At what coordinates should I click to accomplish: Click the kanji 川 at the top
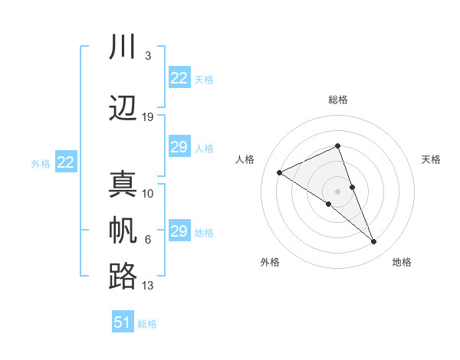(x=123, y=47)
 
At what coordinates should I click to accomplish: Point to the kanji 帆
(x=123, y=231)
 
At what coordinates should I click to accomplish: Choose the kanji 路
(x=123, y=277)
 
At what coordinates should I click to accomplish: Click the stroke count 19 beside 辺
(x=148, y=117)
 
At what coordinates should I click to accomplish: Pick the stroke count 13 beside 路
(x=148, y=286)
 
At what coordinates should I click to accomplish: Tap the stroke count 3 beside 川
(x=148, y=56)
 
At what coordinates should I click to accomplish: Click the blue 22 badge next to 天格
(x=179, y=78)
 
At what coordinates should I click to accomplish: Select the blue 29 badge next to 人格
(x=179, y=147)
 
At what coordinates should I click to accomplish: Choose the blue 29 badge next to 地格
(x=179, y=231)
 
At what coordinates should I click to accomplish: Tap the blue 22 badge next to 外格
(x=66, y=162)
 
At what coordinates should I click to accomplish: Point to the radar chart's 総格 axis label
(x=337, y=100)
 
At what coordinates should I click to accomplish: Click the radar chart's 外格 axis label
(x=270, y=262)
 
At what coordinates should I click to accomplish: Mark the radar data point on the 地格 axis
(x=374, y=242)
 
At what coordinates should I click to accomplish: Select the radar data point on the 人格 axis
(x=280, y=172)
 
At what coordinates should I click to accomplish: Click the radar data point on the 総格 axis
(x=337, y=146)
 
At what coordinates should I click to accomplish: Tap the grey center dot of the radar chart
(x=337, y=191)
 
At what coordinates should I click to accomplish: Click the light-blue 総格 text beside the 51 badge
(x=147, y=324)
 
